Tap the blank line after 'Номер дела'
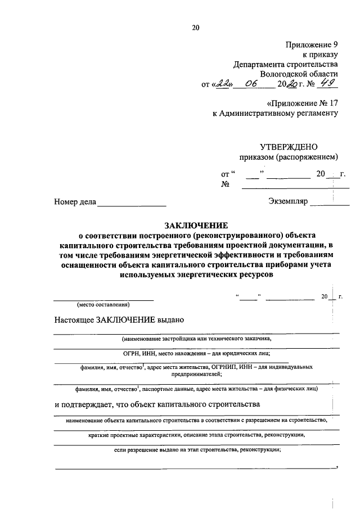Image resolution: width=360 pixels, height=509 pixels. click(132, 202)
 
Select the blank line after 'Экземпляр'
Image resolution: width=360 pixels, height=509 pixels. click(329, 202)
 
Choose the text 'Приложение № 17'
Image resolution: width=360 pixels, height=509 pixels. click(302, 103)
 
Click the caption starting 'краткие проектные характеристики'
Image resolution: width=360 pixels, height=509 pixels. click(196, 435)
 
